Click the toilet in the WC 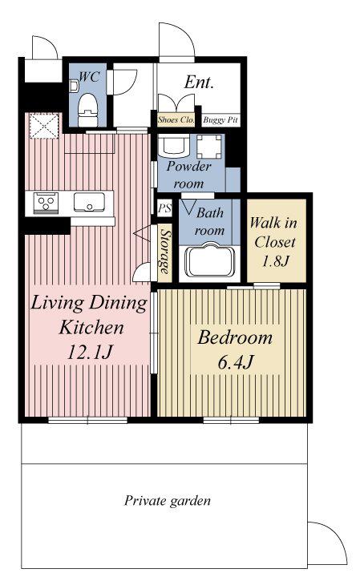88,110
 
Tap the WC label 89,77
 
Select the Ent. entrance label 199,82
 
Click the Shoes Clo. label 176,119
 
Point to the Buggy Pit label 220,119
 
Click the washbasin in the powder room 173,145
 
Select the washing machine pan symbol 208,147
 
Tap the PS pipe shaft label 164,208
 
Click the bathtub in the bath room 210,260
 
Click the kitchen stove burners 46,203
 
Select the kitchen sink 89,202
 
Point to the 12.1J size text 90,353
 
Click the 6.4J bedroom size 235,362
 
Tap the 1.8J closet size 275,261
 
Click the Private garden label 168,501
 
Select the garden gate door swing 328,543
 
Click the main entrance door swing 177,40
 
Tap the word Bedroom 235,337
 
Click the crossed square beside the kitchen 44,126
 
